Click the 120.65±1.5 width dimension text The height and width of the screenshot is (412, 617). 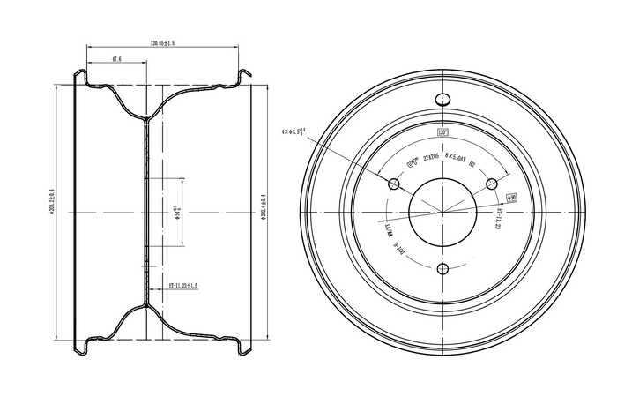163,42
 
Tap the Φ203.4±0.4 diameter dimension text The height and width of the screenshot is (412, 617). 264,210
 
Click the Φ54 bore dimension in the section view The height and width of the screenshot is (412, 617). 179,209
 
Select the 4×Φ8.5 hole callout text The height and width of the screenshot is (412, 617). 297,133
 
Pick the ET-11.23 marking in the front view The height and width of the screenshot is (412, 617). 498,218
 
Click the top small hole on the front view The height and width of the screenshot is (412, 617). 442,102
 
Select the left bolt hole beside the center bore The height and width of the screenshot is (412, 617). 393,184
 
